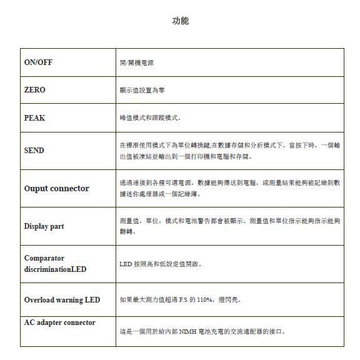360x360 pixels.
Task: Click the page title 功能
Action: (x=180, y=21)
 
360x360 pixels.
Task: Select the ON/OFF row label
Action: (x=39, y=62)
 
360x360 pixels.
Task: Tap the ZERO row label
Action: (x=35, y=90)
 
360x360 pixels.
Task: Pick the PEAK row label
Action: (x=35, y=117)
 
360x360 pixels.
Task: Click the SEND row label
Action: (x=34, y=151)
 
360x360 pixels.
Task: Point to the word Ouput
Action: (x=37, y=188)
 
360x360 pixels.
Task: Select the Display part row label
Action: (x=44, y=226)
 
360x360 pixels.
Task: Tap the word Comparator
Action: (x=44, y=258)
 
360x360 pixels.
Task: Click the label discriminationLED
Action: (x=56, y=269)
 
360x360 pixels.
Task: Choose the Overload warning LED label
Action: (x=62, y=300)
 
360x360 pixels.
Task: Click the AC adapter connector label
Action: (x=60, y=322)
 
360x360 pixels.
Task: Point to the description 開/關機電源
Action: (x=137, y=62)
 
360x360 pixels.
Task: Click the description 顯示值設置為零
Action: (x=142, y=91)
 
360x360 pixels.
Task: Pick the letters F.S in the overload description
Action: (x=183, y=300)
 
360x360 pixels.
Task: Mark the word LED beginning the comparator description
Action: (x=126, y=264)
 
